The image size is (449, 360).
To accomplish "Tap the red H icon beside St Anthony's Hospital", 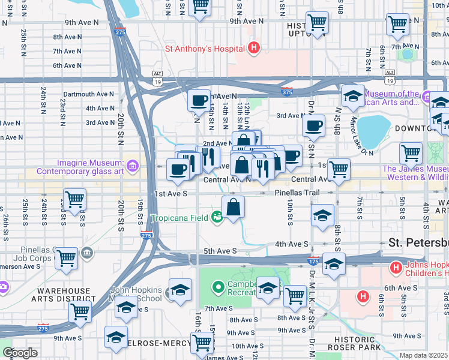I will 254,48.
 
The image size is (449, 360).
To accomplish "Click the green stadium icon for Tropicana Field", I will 216,218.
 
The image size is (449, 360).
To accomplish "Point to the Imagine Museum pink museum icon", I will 131,164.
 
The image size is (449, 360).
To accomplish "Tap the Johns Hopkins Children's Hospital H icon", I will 396,267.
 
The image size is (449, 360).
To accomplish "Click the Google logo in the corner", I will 20,353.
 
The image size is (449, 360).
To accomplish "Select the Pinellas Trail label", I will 297,193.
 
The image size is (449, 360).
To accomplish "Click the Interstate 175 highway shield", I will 313,261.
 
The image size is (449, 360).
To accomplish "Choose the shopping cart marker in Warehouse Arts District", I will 80,311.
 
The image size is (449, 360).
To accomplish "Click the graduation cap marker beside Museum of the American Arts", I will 353,95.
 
